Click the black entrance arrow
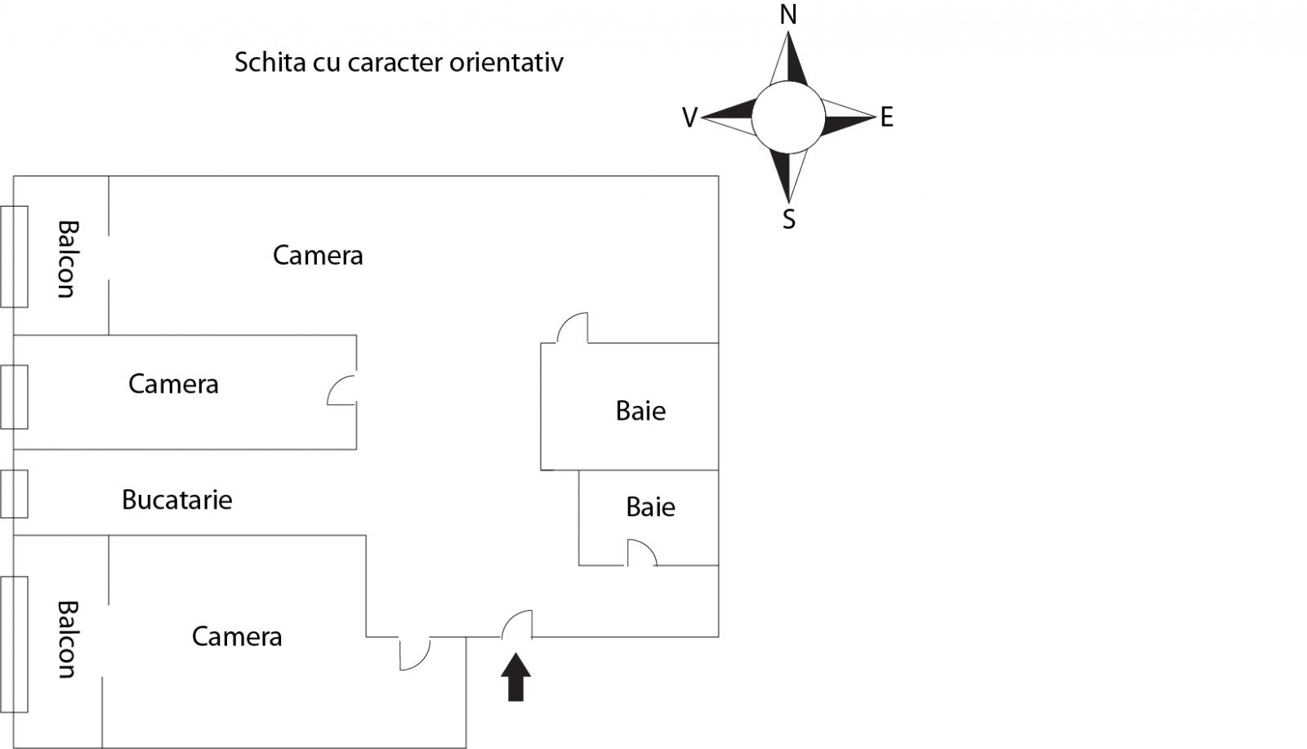515,677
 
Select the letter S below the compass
789,220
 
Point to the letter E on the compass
887,118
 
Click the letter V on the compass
689,118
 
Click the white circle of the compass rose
788,118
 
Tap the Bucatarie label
176,500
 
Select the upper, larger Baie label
640,411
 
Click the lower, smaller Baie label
650,507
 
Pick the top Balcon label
68,259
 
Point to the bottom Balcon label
68,640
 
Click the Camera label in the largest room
318,255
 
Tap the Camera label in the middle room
173,384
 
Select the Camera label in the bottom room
237,636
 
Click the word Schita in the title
270,62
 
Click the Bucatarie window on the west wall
14,494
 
